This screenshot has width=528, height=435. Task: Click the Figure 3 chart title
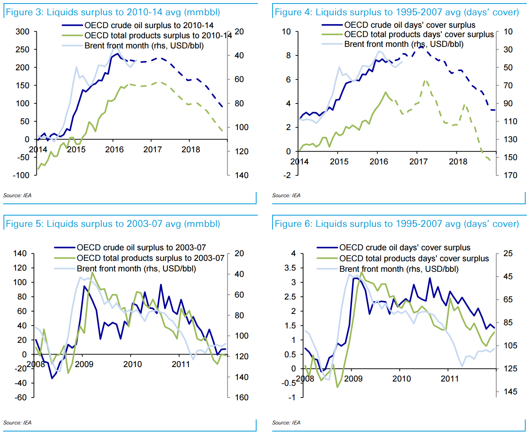113,12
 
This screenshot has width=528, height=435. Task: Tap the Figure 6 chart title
397,224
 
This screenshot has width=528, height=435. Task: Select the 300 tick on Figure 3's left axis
22,32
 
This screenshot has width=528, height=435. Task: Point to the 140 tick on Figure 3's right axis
242,175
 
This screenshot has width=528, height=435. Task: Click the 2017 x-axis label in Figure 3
153,150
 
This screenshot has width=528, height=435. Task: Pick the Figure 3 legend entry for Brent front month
144,46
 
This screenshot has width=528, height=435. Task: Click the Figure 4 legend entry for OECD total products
419,34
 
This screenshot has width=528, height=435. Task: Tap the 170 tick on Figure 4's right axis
510,175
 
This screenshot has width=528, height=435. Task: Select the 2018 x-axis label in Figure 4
458,162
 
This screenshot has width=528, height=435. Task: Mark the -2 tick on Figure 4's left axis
287,175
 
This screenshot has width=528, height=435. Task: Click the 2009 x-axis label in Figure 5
84,364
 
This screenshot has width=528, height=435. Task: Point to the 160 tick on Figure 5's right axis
242,398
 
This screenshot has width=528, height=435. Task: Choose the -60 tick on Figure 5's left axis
20,398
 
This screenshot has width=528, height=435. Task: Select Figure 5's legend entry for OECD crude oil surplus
141,248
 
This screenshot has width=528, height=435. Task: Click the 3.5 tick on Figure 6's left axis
291,268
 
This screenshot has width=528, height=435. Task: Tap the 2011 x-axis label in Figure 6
450,379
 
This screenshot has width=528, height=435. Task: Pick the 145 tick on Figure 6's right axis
510,392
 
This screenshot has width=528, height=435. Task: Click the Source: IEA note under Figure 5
17,423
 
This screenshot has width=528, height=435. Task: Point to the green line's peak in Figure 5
92,273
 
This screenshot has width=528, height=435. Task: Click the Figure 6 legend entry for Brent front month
399,269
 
